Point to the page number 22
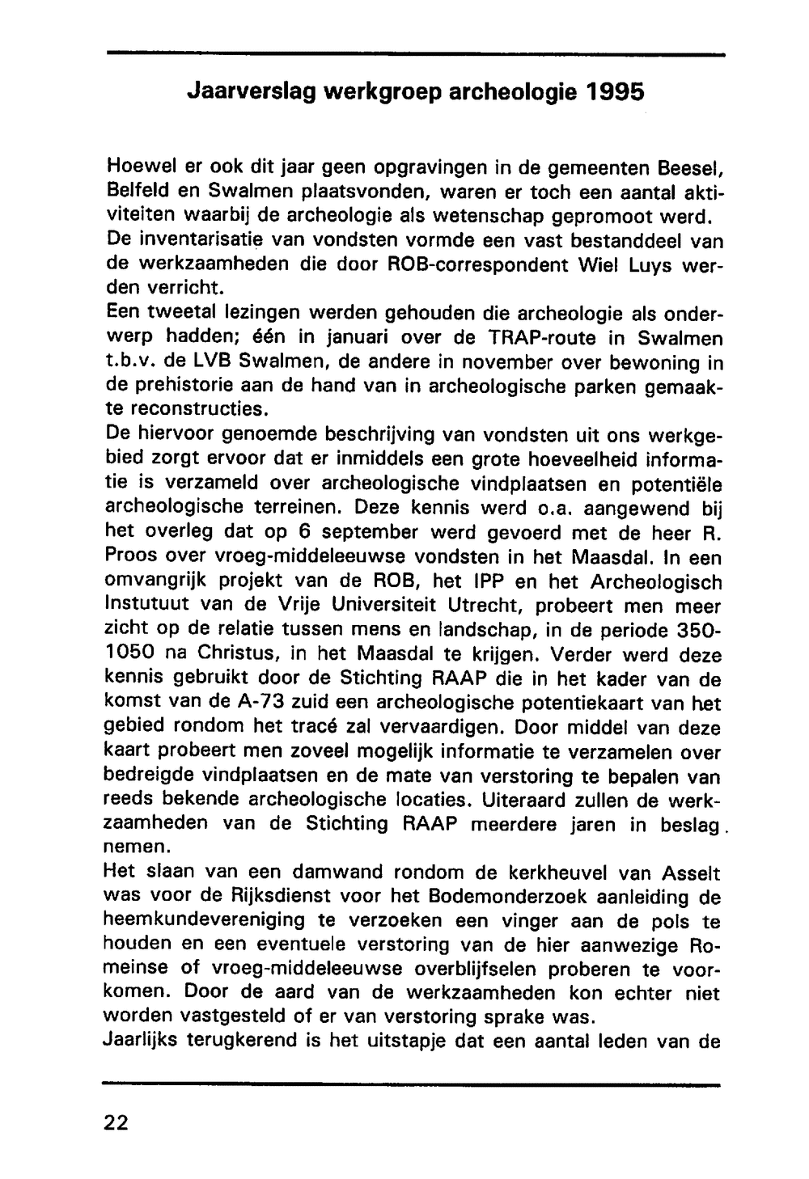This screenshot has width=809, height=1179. pos(116,1123)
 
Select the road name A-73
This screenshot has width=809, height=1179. pos(243,703)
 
